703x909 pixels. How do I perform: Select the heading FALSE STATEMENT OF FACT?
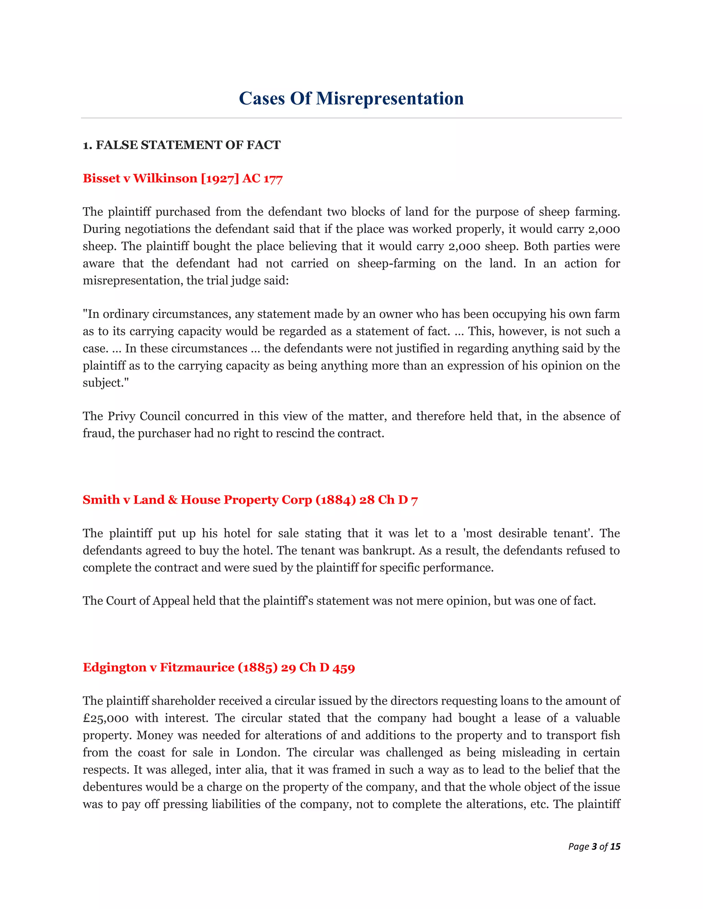pos(188,145)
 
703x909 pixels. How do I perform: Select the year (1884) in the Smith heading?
pos(336,500)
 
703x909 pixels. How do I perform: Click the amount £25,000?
pos(105,718)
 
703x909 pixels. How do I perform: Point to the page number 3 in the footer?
pos(594,847)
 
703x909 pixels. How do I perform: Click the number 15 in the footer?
pos(615,847)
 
